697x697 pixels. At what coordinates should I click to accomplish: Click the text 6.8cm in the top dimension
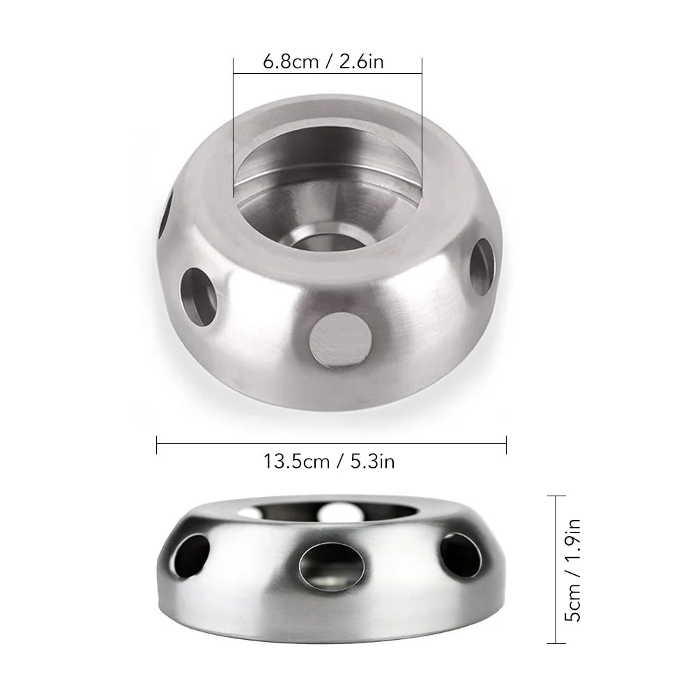click(x=290, y=61)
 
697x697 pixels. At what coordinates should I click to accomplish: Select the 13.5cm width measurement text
click(x=296, y=461)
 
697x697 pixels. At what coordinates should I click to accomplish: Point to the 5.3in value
click(x=369, y=461)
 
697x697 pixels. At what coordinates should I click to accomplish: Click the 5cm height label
click(x=573, y=605)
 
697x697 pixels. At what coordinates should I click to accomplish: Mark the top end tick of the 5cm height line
click(x=556, y=496)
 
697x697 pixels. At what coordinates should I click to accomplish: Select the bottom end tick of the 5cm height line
click(x=556, y=643)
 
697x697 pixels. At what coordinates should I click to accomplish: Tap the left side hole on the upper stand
click(x=198, y=296)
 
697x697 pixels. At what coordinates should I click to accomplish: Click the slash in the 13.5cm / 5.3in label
click(x=339, y=461)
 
